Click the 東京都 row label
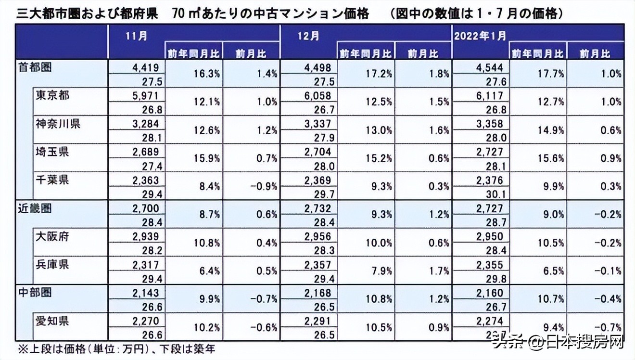pyautogui.click(x=52, y=95)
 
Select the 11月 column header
pyautogui.click(x=136, y=36)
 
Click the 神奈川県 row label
pyautogui.click(x=58, y=124)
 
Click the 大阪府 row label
pyautogui.click(x=52, y=236)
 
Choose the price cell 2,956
pyautogui.click(x=318, y=237)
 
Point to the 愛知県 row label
pyautogui.click(x=52, y=321)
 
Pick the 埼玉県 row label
pyautogui.click(x=52, y=152)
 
